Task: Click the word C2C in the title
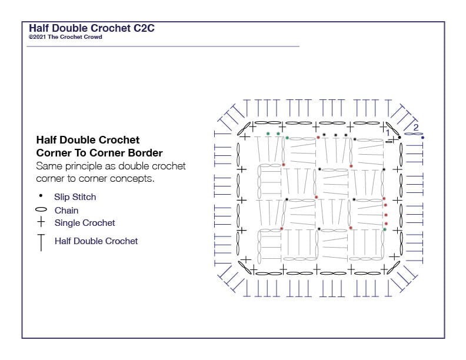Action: click(144, 28)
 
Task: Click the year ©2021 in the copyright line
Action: click(38, 37)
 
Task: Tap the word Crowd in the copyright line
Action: click(94, 37)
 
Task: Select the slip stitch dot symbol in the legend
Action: click(41, 195)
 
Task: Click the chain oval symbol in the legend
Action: click(41, 209)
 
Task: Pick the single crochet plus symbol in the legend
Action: click(41, 222)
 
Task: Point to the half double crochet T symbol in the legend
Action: click(41, 242)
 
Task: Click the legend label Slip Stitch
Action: click(75, 197)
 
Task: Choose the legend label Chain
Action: click(66, 211)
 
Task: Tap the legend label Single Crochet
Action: click(85, 223)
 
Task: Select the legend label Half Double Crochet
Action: click(96, 241)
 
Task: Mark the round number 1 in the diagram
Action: click(388, 132)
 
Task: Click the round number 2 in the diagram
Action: click(416, 127)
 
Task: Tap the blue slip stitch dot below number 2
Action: click(422, 138)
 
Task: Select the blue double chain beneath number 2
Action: click(413, 134)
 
